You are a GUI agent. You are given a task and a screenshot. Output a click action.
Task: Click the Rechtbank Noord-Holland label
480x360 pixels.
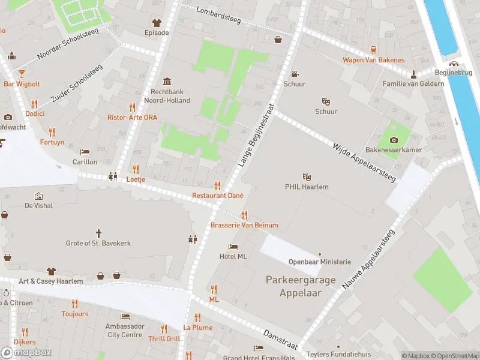point(170,96)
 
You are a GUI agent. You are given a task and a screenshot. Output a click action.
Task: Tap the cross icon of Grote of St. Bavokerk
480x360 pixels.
point(99,233)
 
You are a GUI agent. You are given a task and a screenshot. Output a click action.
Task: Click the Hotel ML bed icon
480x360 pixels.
point(233,247)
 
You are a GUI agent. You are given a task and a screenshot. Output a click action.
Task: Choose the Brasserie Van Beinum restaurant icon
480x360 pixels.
point(244,215)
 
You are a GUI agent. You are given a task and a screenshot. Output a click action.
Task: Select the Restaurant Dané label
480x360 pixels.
point(217,196)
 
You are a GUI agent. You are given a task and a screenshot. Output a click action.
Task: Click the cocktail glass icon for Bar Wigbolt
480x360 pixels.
point(22,73)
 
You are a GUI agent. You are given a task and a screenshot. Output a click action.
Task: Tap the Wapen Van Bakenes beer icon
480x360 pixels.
point(373,50)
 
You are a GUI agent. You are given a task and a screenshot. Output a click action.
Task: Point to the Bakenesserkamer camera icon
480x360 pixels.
point(394,139)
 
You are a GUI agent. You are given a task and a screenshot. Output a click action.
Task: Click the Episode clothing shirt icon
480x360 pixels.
point(157,23)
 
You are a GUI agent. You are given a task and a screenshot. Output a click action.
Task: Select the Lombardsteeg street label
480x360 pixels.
point(218,16)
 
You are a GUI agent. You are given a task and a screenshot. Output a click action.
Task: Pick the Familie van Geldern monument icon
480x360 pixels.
point(413,74)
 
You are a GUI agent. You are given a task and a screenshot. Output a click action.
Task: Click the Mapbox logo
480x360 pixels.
point(26,352)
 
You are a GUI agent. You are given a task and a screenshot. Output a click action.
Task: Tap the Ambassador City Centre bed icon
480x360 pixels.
point(125,316)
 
